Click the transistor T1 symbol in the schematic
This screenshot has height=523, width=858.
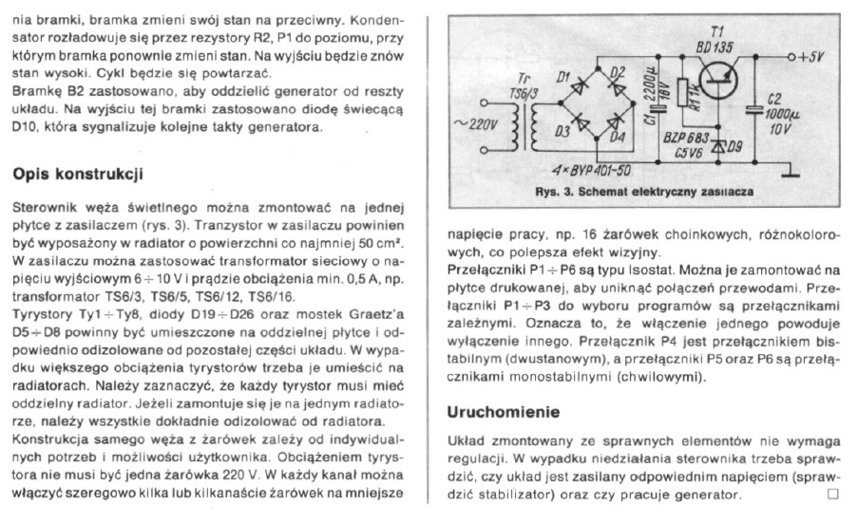[x=714, y=76]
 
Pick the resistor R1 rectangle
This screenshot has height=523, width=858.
[x=681, y=100]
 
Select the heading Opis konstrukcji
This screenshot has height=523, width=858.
[x=77, y=175]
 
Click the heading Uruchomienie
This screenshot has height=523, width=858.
[x=504, y=413]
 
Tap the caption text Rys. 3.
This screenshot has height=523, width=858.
[x=556, y=192]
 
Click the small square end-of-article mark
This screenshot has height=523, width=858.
[x=833, y=494]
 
